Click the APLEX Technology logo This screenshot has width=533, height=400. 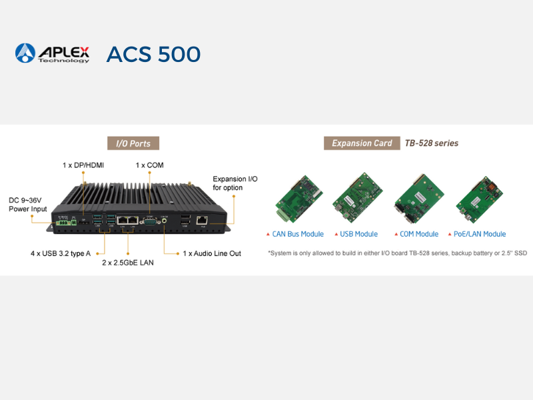coord(52,53)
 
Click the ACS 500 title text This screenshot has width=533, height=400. coord(153,54)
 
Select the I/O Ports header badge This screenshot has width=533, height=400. coord(133,143)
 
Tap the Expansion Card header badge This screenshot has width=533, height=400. coord(362,143)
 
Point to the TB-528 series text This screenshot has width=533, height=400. coord(432,143)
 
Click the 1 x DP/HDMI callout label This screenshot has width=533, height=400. coord(83,165)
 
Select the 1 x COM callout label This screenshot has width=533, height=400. coord(149,165)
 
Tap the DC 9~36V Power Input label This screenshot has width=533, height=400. coord(28,205)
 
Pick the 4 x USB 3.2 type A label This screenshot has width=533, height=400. coord(61,253)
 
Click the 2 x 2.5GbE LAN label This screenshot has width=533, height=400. coord(128,263)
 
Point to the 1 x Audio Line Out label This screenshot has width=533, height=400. coord(212,253)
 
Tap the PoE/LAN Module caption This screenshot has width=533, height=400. coord(480,234)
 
